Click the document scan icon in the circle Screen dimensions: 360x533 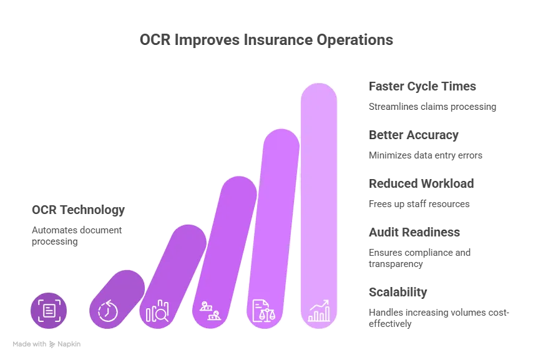coord(48,310)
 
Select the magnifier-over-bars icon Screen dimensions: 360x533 coord(157,311)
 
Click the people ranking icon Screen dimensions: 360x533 coord(209,310)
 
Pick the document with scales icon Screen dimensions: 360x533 coord(264,310)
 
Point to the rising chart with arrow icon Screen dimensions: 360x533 coord(319,310)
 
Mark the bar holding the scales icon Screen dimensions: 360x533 coord(275,206)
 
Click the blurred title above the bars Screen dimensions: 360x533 coord(266,39)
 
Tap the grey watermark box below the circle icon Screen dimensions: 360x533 coord(47,344)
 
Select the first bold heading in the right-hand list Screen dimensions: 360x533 coord(424,87)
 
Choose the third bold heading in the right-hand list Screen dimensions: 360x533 coord(419,183)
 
